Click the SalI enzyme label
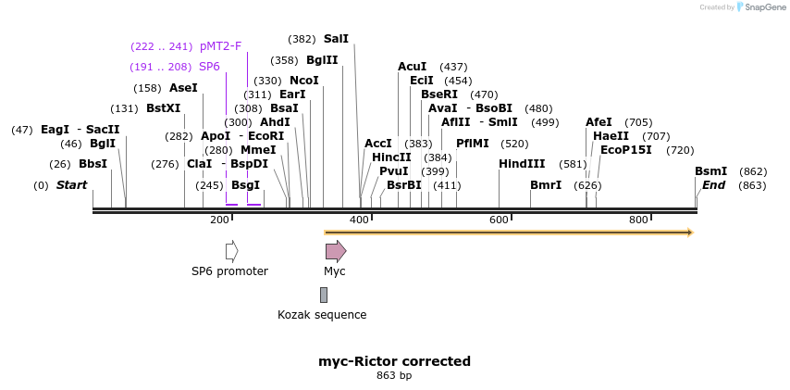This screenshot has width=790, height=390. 336,39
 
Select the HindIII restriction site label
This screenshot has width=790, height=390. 522,164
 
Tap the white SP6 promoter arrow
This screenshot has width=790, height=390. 231,251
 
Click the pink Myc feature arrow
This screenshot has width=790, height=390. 335,251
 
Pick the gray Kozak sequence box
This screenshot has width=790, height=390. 323,295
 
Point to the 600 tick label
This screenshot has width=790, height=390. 500,220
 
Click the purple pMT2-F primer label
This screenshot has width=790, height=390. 220,45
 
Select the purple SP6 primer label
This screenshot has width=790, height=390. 209,67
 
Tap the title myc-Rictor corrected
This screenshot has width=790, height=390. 395,361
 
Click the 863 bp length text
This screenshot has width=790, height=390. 395,376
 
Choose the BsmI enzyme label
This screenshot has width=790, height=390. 710,171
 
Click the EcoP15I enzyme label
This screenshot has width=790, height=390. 626,149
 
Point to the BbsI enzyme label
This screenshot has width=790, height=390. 93,164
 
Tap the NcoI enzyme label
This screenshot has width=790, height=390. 304,81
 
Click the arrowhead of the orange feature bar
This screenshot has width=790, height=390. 688,233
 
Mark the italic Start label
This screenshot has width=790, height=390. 71,185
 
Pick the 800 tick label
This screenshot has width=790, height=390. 638,220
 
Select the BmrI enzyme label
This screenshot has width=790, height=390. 546,185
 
